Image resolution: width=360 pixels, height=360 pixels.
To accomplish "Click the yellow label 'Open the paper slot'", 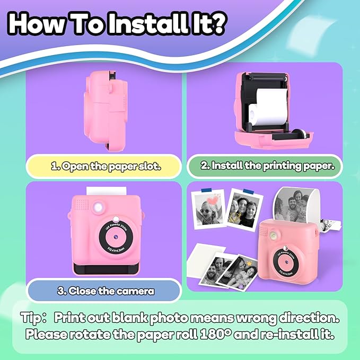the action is click(x=104, y=166).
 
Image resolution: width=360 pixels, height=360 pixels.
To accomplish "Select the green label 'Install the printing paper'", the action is click(x=265, y=166).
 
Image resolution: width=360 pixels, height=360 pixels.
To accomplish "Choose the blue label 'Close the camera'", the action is click(x=104, y=291).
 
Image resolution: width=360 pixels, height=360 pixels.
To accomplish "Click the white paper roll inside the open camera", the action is click(x=269, y=108).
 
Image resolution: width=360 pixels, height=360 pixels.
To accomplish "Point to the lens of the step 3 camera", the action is click(x=116, y=237).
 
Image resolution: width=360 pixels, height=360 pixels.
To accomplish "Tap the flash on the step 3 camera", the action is click(x=99, y=207).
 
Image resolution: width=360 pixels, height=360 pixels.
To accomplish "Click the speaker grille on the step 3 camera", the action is click(x=82, y=205).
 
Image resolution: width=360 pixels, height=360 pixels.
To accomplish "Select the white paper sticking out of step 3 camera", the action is click(x=106, y=191).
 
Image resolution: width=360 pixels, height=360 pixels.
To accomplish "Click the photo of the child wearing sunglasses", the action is click(x=208, y=209).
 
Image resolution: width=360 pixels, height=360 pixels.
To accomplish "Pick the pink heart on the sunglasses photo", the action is click(x=213, y=200).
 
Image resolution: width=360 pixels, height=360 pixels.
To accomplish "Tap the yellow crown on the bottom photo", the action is click(x=249, y=263).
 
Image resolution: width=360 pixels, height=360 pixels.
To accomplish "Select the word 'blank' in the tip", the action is click(x=129, y=318).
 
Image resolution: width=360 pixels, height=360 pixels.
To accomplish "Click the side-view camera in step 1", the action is click(x=106, y=111).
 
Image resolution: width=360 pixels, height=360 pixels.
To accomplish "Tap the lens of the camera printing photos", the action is click(x=286, y=262).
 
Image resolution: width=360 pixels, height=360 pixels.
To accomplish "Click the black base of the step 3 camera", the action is click(x=106, y=269).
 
